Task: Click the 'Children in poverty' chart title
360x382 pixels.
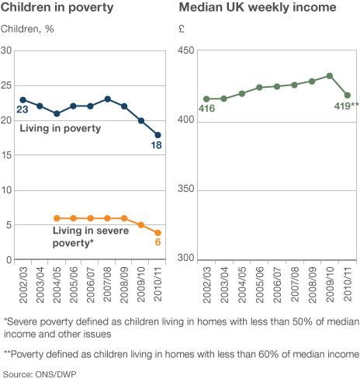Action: click(x=57, y=7)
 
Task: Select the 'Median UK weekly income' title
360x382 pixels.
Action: click(x=258, y=7)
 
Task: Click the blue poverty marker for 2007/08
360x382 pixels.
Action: click(x=108, y=99)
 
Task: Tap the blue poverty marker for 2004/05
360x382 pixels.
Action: click(x=57, y=113)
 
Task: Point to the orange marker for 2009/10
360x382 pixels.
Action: click(x=141, y=225)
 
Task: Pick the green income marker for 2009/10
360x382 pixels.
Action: click(x=330, y=76)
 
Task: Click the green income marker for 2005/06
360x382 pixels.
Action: click(x=259, y=88)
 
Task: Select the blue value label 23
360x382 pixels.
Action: click(x=22, y=109)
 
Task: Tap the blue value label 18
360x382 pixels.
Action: click(x=157, y=145)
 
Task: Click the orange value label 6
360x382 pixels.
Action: click(x=157, y=242)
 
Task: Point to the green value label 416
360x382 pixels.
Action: click(x=206, y=109)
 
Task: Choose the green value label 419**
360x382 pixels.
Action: click(x=347, y=106)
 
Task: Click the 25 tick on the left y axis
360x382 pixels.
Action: click(x=6, y=85)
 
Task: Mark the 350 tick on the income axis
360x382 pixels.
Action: click(x=185, y=189)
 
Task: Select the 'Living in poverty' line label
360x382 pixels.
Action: click(x=61, y=128)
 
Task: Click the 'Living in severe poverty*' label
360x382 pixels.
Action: click(x=91, y=237)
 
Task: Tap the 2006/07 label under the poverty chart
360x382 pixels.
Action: click(x=90, y=285)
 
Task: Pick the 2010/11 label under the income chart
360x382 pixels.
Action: click(x=347, y=285)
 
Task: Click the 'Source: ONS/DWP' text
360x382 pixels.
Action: click(x=40, y=374)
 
